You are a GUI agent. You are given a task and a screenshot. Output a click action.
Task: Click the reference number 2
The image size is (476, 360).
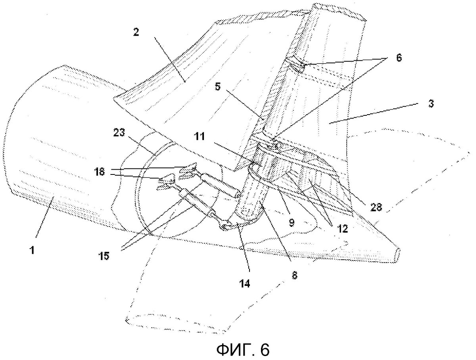(136, 33)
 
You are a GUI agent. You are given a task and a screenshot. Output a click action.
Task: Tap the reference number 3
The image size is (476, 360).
(431, 104)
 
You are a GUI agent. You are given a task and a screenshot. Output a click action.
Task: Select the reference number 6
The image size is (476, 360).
(399, 58)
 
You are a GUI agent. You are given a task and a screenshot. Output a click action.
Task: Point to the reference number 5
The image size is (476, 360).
(217, 86)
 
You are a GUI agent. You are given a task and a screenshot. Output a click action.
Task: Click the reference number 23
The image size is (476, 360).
(119, 132)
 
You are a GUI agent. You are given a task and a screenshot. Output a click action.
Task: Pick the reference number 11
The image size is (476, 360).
(200, 136)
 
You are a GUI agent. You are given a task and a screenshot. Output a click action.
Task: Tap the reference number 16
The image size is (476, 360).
(100, 172)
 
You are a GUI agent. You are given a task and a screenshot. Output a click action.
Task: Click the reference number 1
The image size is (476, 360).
(32, 251)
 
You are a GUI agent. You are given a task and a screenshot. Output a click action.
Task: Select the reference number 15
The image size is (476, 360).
(104, 256)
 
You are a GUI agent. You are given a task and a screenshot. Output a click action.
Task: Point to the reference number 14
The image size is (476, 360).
(244, 283)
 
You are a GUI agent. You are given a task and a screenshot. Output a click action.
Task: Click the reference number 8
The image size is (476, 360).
(294, 276)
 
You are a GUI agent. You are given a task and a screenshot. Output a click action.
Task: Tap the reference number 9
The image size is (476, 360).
(292, 222)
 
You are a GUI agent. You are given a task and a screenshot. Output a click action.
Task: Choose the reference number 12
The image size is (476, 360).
(342, 229)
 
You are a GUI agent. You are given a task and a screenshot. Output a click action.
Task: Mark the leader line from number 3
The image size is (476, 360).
(373, 113)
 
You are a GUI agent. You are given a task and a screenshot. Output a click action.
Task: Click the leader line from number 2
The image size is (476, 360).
(170, 59)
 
